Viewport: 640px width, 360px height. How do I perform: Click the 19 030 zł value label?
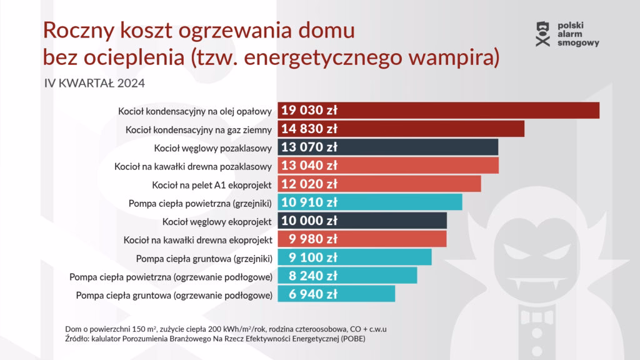coord(309,111)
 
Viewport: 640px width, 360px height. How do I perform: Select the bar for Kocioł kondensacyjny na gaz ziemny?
coord(401,129)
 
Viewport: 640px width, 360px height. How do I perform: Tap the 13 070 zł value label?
coord(309,147)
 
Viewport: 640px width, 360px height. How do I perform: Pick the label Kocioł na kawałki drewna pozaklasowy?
coord(193,166)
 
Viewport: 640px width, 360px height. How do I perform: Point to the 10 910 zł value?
coord(309,202)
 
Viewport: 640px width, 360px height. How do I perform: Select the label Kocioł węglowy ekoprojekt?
coord(216,221)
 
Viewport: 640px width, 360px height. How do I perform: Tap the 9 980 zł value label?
coord(312,239)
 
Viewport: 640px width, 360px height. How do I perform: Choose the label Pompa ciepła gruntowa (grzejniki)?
coord(204,257)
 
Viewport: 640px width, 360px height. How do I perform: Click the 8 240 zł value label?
coord(312,276)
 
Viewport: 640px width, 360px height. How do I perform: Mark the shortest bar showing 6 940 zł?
coord(336,294)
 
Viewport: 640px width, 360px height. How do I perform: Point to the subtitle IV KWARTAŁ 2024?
coord(95,83)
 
